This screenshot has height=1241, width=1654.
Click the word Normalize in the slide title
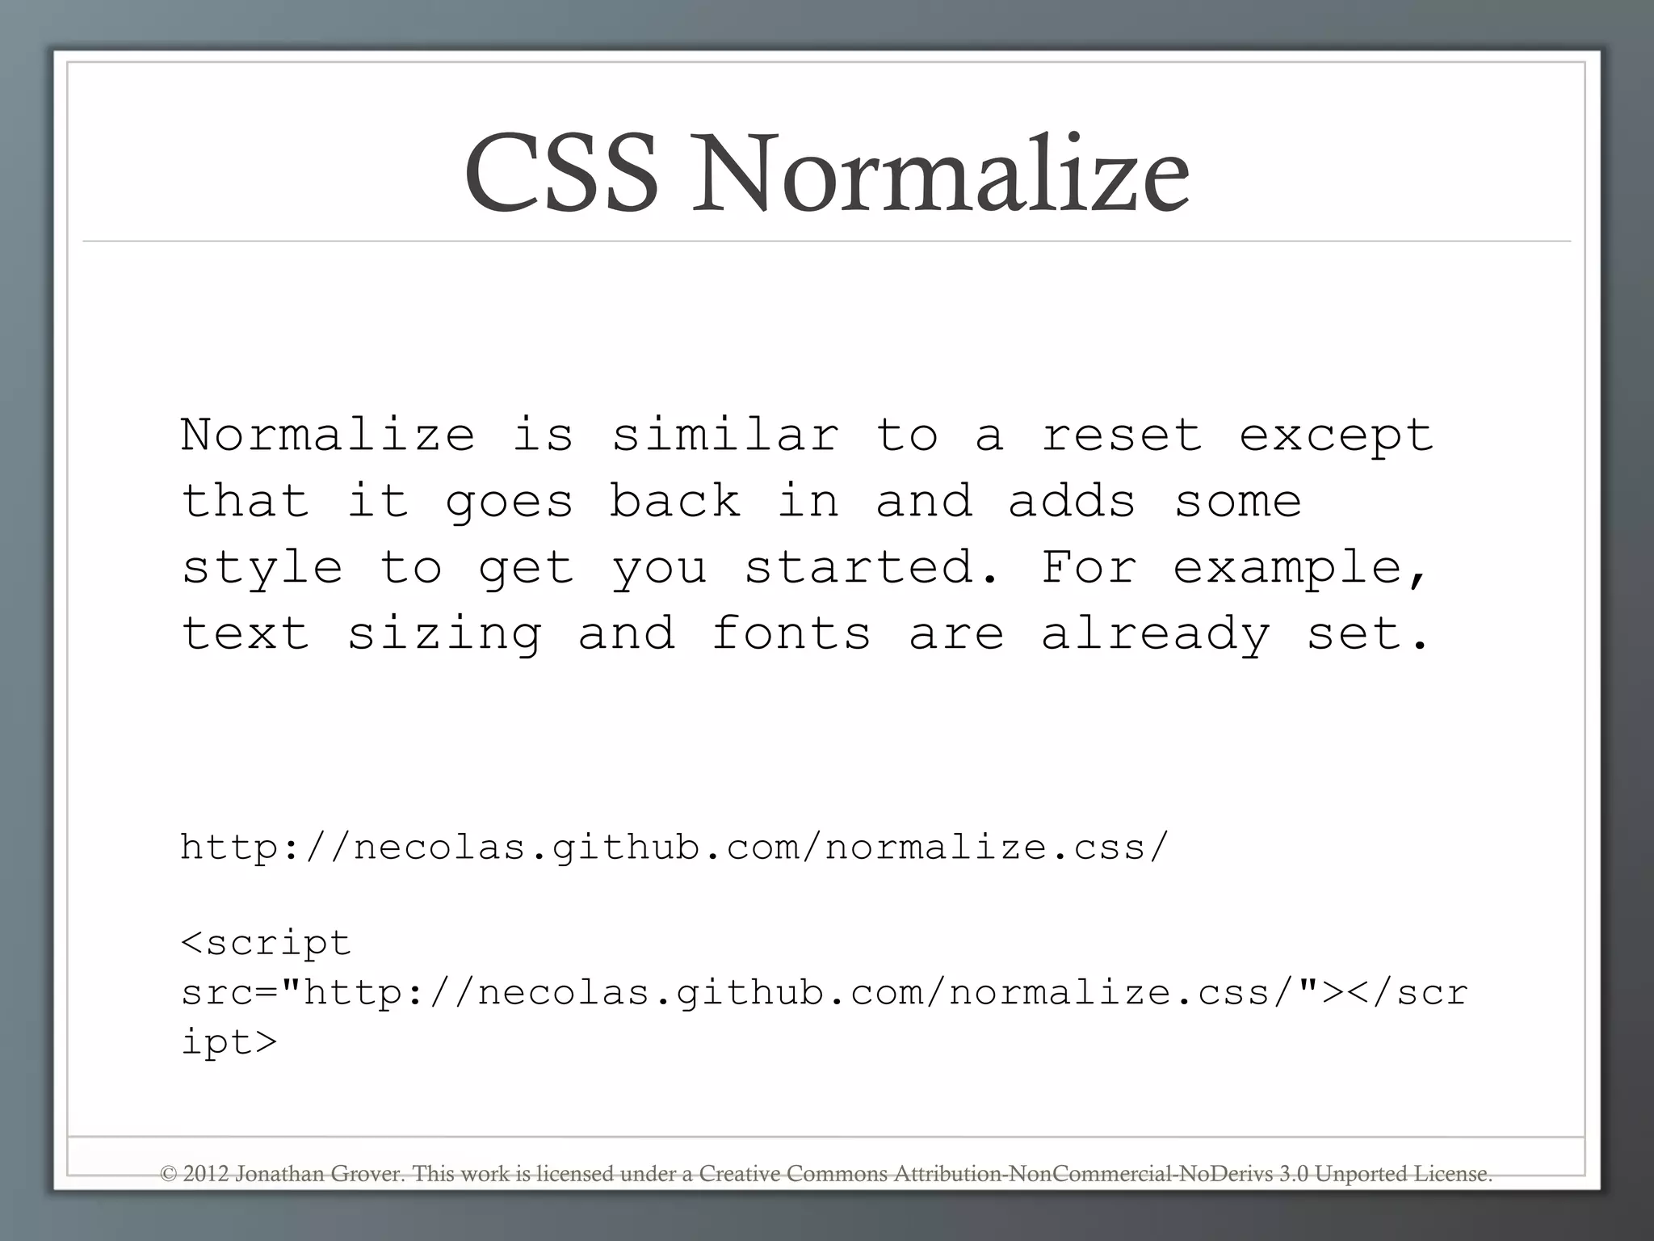(942, 174)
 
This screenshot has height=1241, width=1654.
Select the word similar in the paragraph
(724, 435)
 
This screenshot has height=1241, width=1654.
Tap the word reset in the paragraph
(1121, 435)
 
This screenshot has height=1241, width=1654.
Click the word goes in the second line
(509, 503)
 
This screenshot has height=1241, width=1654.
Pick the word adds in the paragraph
(1072, 501)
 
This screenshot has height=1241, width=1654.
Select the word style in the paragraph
(262, 568)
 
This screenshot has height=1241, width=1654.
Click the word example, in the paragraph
(1300, 568)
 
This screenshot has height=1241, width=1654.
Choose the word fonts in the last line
(791, 633)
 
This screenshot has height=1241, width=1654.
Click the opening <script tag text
(266, 943)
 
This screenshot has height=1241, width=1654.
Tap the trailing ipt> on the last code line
(229, 1042)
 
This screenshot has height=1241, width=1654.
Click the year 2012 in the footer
(206, 1174)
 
